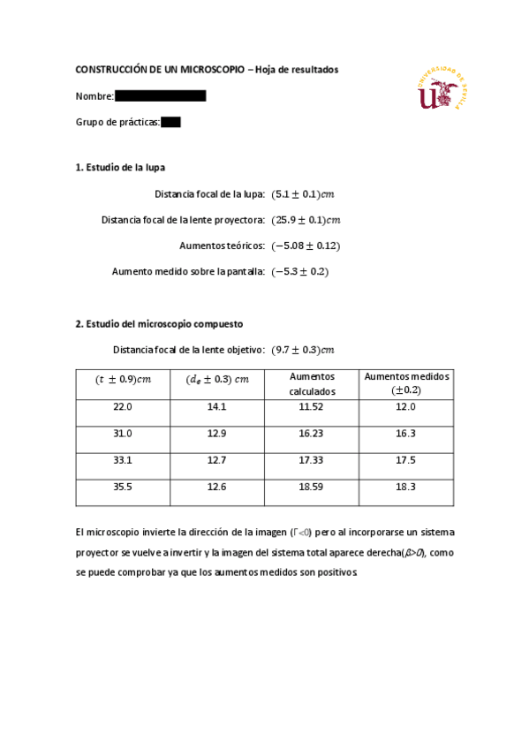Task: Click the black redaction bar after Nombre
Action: pyautogui.click(x=160, y=95)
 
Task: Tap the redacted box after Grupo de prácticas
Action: pyautogui.click(x=170, y=123)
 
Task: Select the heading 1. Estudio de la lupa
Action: pyautogui.click(x=120, y=167)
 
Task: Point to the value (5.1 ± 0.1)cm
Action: pyautogui.click(x=304, y=193)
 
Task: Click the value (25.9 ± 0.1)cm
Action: pyautogui.click(x=306, y=220)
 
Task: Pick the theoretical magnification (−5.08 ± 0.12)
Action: pyautogui.click(x=306, y=246)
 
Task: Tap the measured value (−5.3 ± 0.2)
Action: pyautogui.click(x=300, y=272)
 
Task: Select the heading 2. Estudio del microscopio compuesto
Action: pyautogui.click(x=159, y=323)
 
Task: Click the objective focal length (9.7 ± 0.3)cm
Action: pyautogui.click(x=303, y=349)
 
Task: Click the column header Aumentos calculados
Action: pyautogui.click(x=312, y=383)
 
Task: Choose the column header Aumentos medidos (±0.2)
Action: pyautogui.click(x=406, y=382)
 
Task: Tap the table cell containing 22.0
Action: pyautogui.click(x=123, y=407)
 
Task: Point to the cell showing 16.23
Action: pyautogui.click(x=312, y=434)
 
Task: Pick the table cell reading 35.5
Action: pyautogui.click(x=123, y=487)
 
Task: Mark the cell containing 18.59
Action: pyautogui.click(x=312, y=487)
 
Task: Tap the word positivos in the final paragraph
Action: pyautogui.click(x=333, y=571)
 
